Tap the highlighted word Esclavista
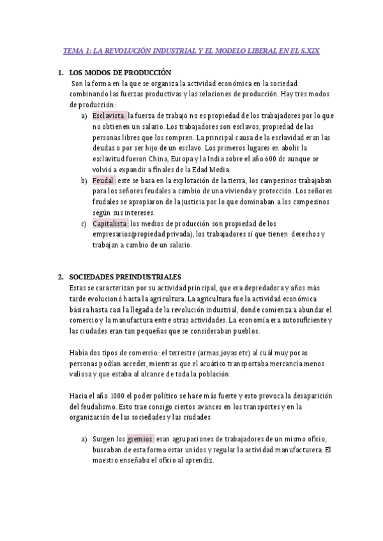(109, 115)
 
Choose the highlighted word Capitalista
(110, 223)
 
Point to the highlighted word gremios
(140, 439)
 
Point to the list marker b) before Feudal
(84, 181)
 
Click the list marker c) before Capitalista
(84, 223)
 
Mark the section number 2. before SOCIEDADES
(61, 277)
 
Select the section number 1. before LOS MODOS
(61, 73)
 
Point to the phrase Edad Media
(211, 169)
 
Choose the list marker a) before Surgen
(84, 439)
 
